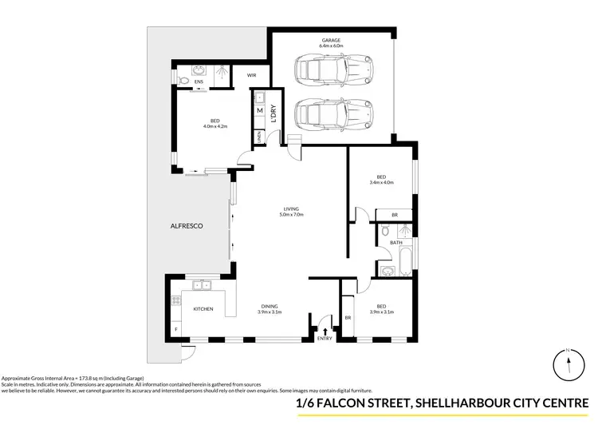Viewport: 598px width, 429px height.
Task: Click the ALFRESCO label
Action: [188, 227]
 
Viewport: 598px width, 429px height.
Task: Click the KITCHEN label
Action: [203, 308]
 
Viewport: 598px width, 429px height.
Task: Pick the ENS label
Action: [198, 81]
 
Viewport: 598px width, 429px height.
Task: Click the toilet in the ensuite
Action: [182, 80]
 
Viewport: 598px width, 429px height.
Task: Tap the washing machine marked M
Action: [260, 111]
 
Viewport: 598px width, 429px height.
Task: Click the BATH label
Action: [395, 242]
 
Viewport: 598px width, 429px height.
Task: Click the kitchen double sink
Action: [199, 284]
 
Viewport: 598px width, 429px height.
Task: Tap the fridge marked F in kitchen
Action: [175, 329]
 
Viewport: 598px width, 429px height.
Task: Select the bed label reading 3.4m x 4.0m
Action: [384, 180]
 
